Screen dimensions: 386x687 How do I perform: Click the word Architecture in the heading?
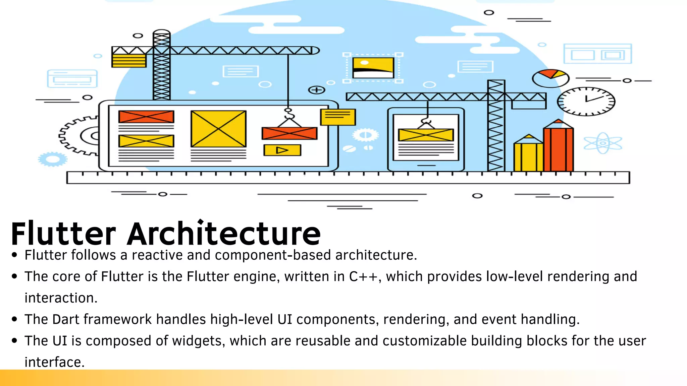click(224, 234)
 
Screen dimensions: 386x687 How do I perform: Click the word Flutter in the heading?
click(63, 234)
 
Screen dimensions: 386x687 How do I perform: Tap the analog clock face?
click(586, 101)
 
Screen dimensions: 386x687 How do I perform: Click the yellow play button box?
click(282, 150)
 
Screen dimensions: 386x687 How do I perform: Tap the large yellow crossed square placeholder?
click(218, 129)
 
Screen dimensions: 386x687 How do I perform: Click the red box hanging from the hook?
click(289, 133)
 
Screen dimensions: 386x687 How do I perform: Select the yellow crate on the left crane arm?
click(129, 61)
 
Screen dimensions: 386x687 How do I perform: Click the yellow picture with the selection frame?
click(373, 68)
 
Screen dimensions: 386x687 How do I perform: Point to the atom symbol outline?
click(603, 143)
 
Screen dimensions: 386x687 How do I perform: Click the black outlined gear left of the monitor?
click(79, 136)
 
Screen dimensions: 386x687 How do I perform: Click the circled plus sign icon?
click(316, 90)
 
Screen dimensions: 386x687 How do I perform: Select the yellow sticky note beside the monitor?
click(338, 117)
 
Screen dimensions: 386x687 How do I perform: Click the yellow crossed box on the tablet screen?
click(426, 135)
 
